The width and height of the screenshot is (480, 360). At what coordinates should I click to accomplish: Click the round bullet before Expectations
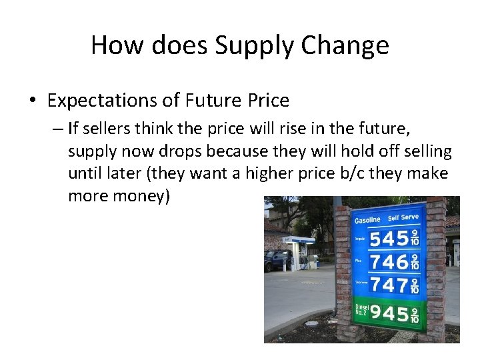(33, 101)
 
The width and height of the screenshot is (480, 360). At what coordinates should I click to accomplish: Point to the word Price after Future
(267, 101)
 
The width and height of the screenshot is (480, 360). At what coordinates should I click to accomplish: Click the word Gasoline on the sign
(367, 219)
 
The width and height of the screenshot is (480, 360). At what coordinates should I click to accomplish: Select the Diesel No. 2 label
(360, 311)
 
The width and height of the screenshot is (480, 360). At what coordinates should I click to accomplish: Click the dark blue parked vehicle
(276, 260)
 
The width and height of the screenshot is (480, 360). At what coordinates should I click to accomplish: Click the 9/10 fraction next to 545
(415, 237)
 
